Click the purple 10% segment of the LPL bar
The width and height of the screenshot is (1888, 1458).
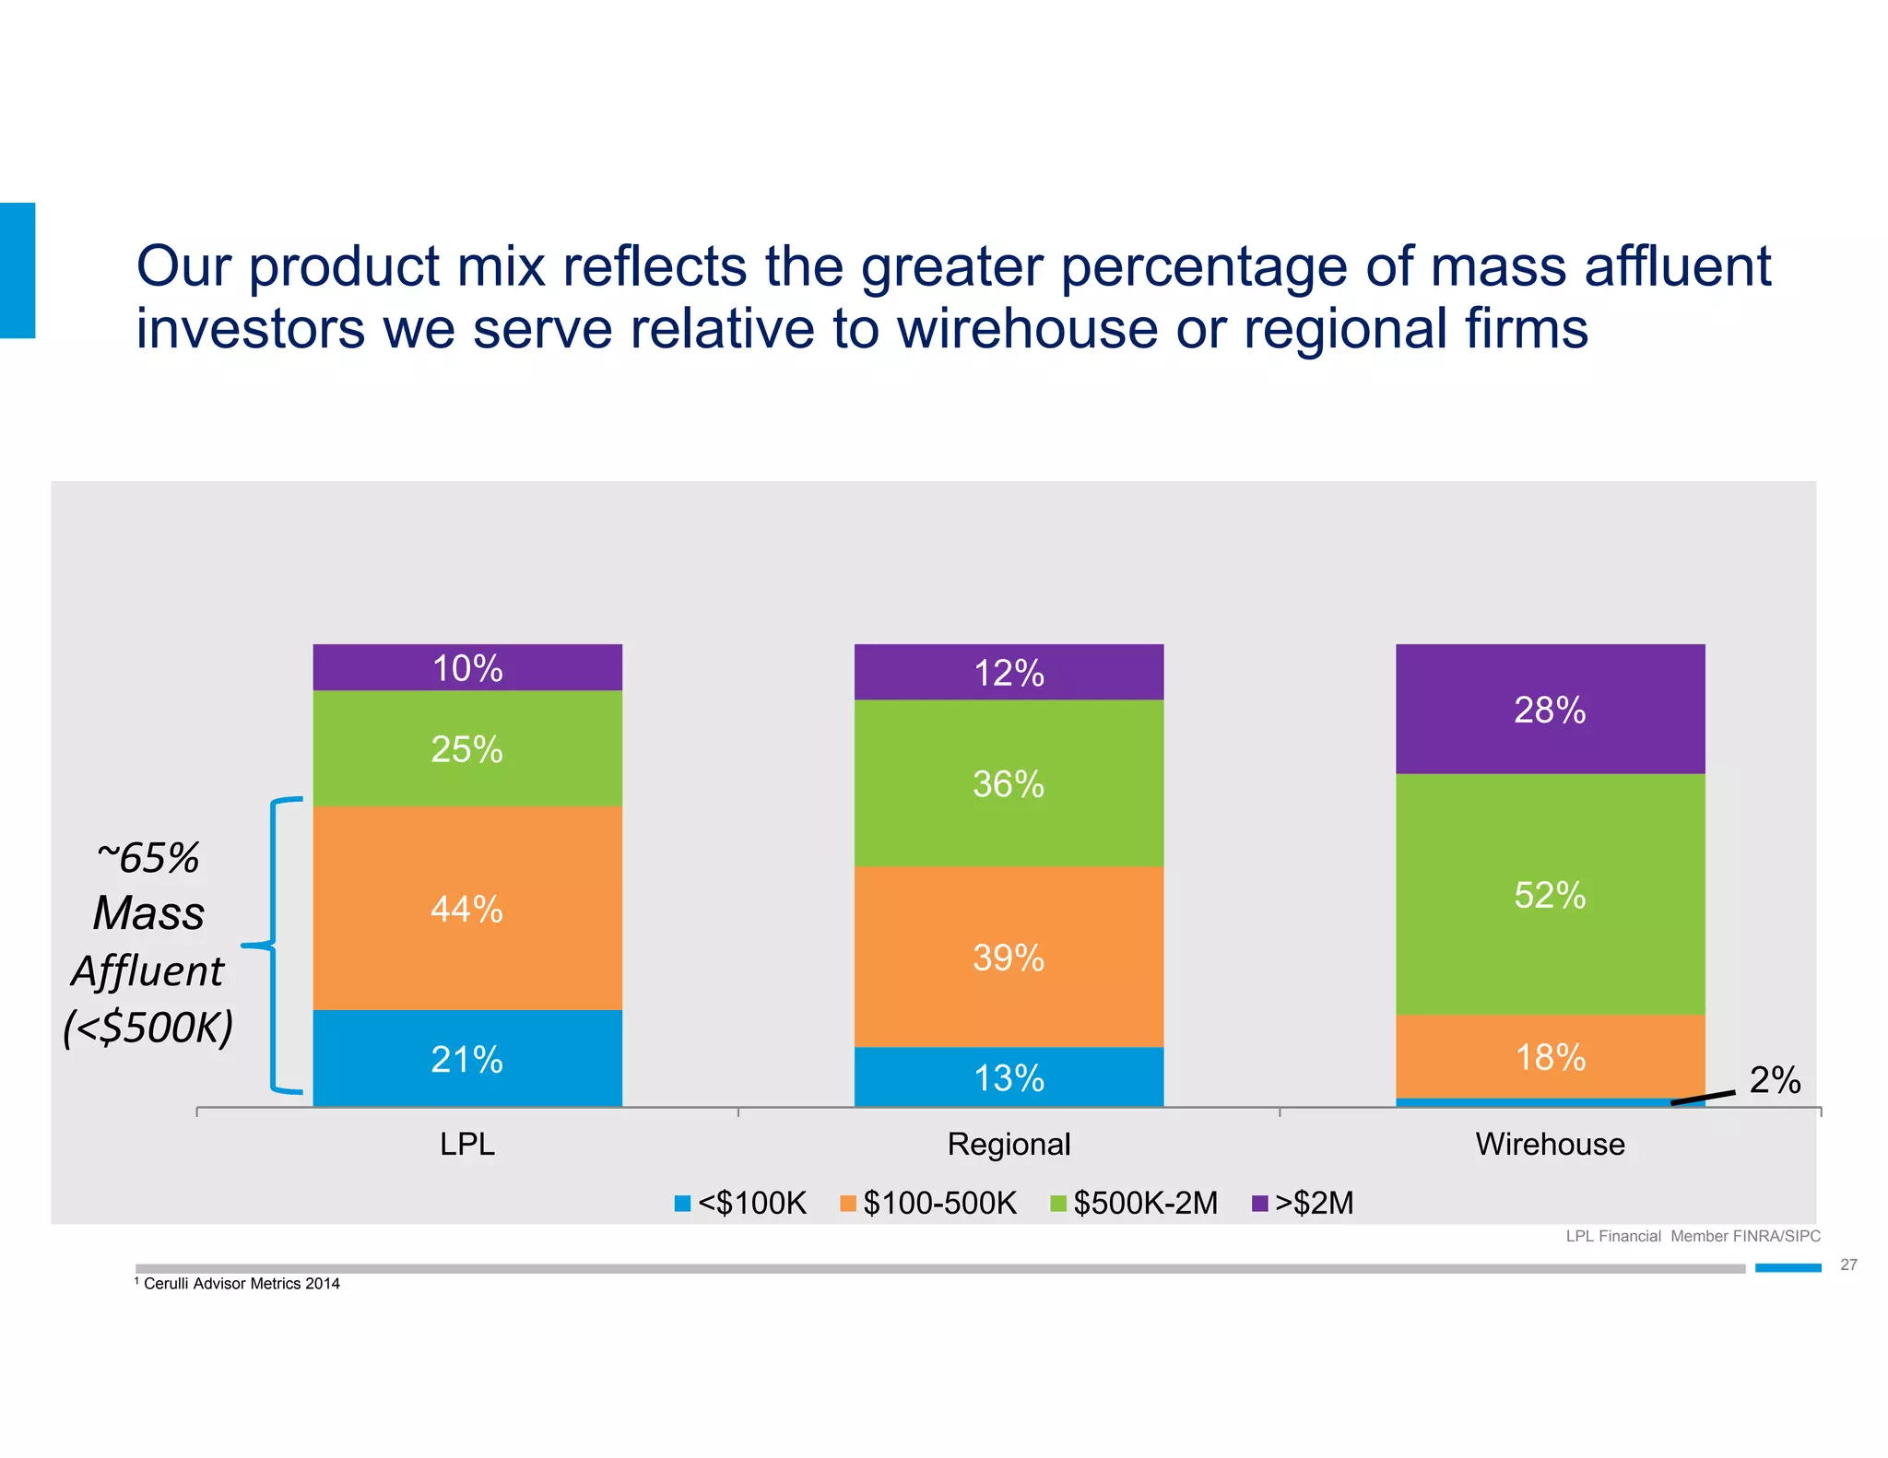point(467,667)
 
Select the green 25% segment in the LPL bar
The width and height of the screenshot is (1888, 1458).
point(467,748)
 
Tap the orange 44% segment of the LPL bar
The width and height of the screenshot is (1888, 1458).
point(467,909)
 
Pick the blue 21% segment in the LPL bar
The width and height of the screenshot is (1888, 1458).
point(467,1058)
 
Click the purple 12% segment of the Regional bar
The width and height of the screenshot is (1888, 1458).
point(1009,672)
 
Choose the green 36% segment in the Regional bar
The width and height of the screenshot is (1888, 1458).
point(1009,783)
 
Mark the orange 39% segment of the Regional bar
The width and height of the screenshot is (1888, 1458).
point(1009,957)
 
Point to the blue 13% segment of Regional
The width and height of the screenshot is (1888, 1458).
point(1009,1076)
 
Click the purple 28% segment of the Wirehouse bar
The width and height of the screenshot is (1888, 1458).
point(1550,709)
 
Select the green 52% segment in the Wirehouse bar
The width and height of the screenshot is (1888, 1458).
point(1550,894)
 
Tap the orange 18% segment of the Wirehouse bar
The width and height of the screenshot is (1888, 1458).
point(1550,1056)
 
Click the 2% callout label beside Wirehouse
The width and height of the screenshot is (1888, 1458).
point(1775,1080)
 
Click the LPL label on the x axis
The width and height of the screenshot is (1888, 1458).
point(467,1144)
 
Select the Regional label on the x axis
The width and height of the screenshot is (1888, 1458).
point(1009,1144)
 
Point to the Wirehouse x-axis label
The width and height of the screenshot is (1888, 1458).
point(1550,1144)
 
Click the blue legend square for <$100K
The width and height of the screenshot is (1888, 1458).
point(682,1203)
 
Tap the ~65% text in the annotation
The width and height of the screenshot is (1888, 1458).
point(148,857)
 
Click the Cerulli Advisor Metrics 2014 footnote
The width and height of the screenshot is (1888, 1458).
point(242,1283)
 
